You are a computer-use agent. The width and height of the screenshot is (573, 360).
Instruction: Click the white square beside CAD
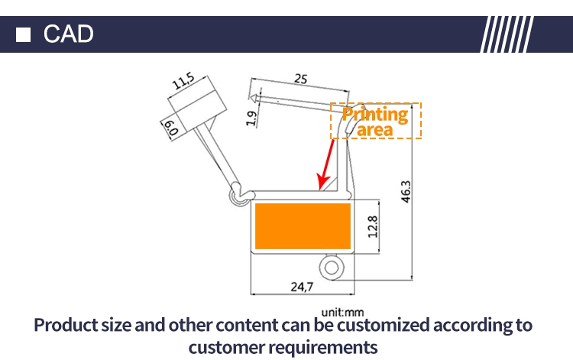point(24,34)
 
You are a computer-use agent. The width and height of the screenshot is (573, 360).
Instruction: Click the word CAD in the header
point(68,34)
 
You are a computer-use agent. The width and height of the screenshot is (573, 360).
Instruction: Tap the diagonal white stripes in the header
point(507,34)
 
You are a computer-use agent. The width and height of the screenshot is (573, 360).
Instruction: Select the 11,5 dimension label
point(184,81)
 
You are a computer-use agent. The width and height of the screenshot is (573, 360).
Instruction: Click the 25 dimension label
point(301,79)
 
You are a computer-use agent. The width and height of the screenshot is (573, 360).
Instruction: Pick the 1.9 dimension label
point(251,118)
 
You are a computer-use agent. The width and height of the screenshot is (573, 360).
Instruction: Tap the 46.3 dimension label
point(406,192)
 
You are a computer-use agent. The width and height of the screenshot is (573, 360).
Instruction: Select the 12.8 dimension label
point(373,226)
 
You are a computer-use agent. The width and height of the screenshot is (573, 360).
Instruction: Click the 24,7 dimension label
point(302,287)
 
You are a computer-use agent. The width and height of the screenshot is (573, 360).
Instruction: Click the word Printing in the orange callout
point(375,115)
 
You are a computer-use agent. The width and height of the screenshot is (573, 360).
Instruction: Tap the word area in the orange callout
point(375,130)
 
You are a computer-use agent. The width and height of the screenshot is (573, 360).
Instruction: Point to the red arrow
point(326,164)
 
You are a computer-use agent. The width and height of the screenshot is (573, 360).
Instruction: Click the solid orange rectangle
point(303,226)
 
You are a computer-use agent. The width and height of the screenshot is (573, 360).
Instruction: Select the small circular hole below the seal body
point(332,268)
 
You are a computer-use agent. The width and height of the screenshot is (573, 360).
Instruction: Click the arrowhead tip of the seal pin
point(251,98)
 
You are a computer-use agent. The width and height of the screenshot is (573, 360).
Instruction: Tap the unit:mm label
point(342,313)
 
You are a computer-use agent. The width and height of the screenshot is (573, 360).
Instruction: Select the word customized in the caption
point(383,325)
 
